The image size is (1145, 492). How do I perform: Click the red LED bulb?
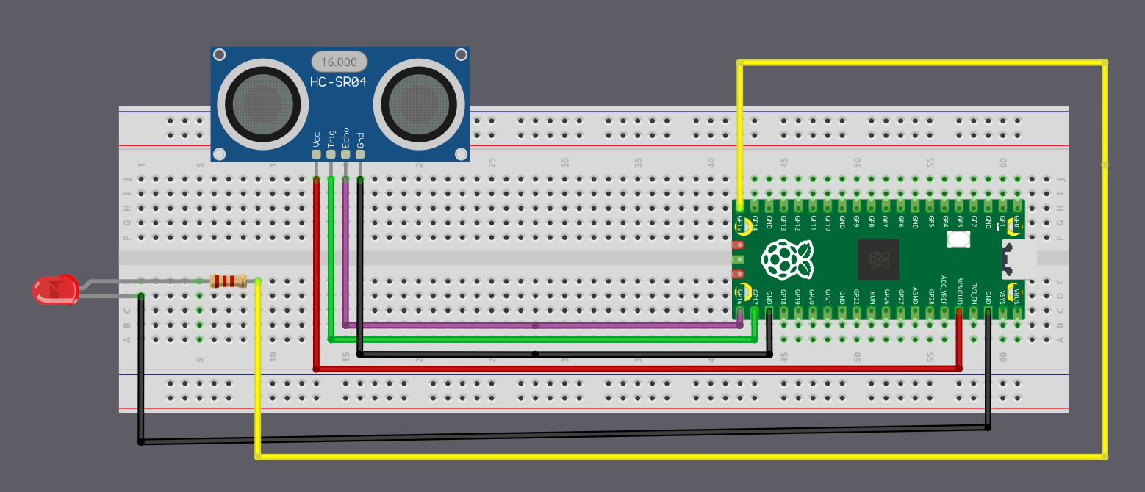click(x=56, y=289)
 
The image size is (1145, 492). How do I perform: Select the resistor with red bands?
click(x=227, y=281)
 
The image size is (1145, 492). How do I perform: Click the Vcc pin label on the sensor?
click(x=316, y=140)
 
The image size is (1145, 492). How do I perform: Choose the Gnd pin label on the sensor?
click(x=360, y=139)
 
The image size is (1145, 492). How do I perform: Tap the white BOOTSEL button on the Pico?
click(x=958, y=239)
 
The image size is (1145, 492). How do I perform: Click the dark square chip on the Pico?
click(x=879, y=260)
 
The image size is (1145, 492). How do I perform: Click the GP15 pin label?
click(x=740, y=223)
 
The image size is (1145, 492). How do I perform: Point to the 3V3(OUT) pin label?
click(x=959, y=291)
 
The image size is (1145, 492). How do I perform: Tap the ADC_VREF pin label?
click(x=944, y=289)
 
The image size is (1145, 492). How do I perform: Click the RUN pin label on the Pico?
click(x=872, y=297)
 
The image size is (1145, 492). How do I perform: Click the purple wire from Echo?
click(x=536, y=325)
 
